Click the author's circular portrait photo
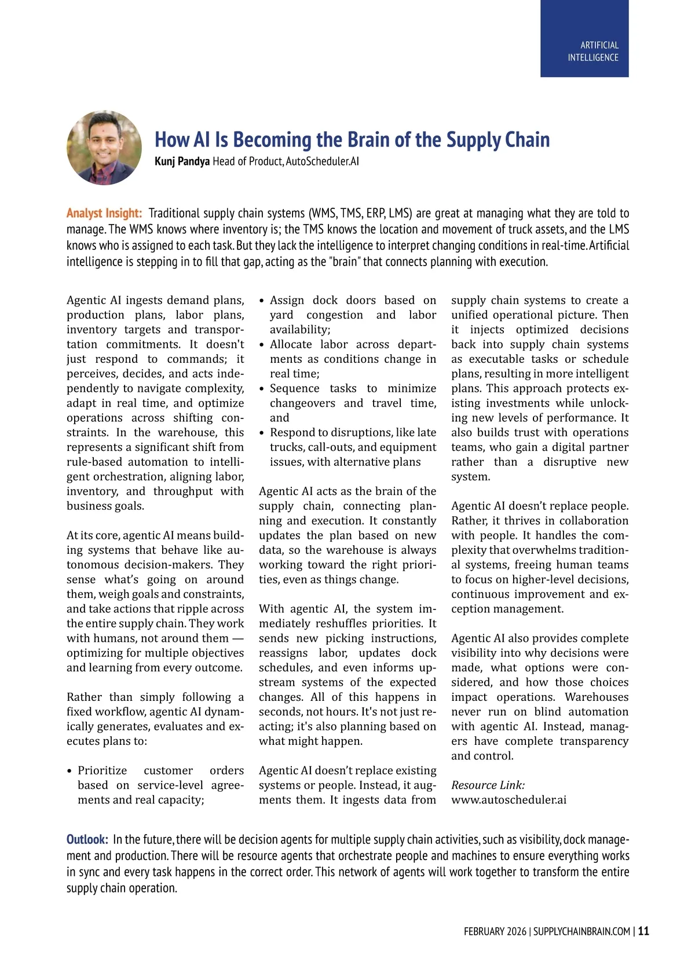click(x=104, y=148)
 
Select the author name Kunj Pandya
click(x=182, y=161)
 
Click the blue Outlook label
click(x=87, y=839)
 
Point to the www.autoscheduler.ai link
click(x=509, y=800)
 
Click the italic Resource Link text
click(x=488, y=785)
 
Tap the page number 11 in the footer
click(x=643, y=931)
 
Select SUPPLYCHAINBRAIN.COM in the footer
click(x=581, y=931)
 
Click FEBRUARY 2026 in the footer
click(x=495, y=931)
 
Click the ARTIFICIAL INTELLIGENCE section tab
click(x=584, y=52)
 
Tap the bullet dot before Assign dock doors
click(x=262, y=301)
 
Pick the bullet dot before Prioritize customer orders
click(x=70, y=771)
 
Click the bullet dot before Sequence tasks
click(x=262, y=389)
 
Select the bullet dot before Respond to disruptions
click(x=262, y=433)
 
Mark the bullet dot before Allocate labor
click(x=262, y=345)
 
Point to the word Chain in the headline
click(x=528, y=140)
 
